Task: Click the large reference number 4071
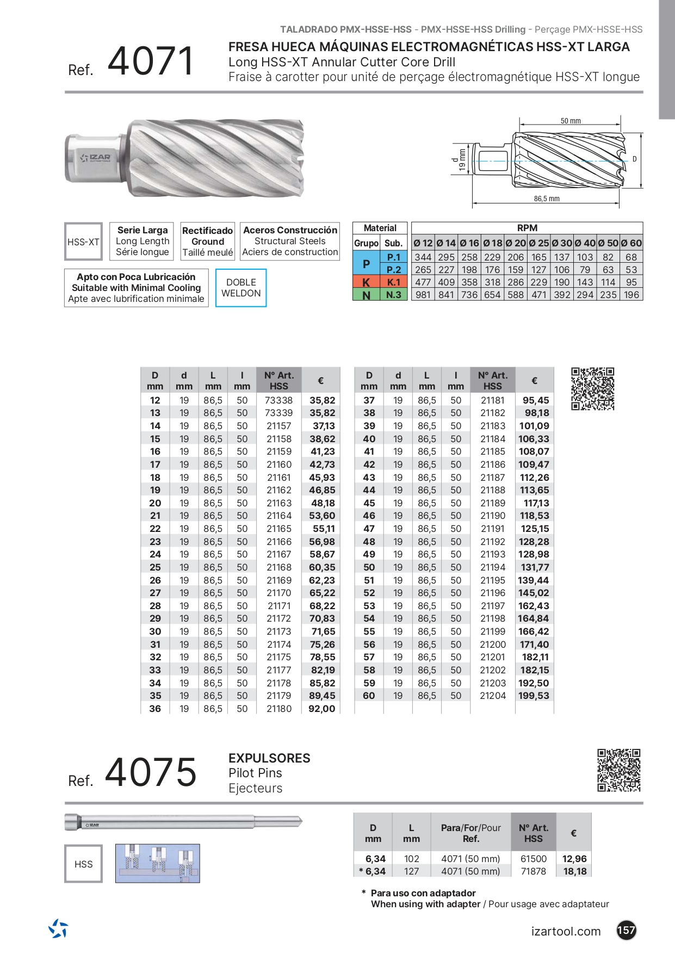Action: click(x=151, y=61)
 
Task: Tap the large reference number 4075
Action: click(x=151, y=772)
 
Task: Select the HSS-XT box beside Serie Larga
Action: click(x=83, y=242)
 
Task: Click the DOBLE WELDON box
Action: click(x=241, y=288)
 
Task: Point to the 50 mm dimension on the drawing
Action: click(x=571, y=121)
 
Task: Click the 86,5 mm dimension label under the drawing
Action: click(x=546, y=199)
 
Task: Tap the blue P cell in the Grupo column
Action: click(x=366, y=264)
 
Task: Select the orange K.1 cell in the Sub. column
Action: click(x=394, y=282)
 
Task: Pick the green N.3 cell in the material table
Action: click(x=394, y=295)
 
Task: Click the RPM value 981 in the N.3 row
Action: click(x=423, y=295)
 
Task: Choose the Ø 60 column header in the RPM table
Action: click(x=631, y=243)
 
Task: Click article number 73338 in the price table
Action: click(x=278, y=400)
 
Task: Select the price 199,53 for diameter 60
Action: click(x=534, y=696)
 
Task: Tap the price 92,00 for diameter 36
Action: click(x=321, y=709)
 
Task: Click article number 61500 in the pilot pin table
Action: click(x=533, y=859)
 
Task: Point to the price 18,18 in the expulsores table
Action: click(x=574, y=871)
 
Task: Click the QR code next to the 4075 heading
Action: click(x=618, y=770)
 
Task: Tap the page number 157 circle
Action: click(x=626, y=930)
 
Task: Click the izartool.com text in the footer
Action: click(x=566, y=931)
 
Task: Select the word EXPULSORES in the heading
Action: click(x=269, y=758)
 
